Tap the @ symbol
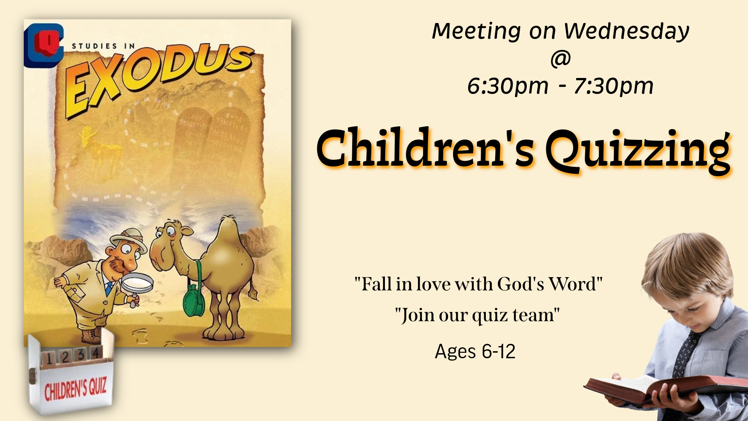pyautogui.click(x=561, y=59)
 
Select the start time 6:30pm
pyautogui.click(x=508, y=86)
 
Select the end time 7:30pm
pyautogui.click(x=614, y=86)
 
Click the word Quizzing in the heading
pyautogui.click(x=638, y=150)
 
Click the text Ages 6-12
pyautogui.click(x=475, y=352)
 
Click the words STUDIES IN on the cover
pyautogui.click(x=104, y=46)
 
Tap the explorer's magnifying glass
pyautogui.click(x=136, y=284)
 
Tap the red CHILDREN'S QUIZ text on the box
pyautogui.click(x=75, y=389)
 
